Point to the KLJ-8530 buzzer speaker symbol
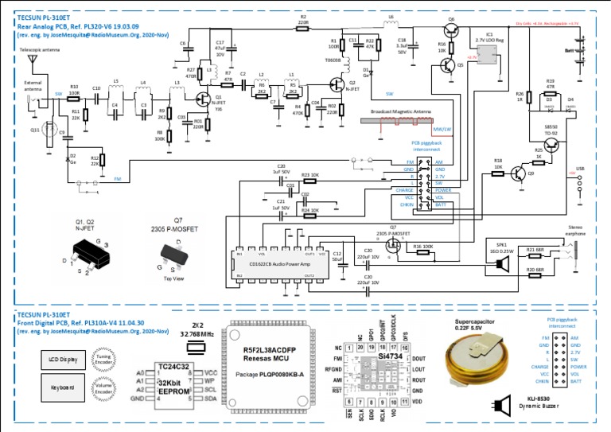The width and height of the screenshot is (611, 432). pyautogui.click(x=501, y=407)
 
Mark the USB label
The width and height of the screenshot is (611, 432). pyautogui.click(x=580, y=169)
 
